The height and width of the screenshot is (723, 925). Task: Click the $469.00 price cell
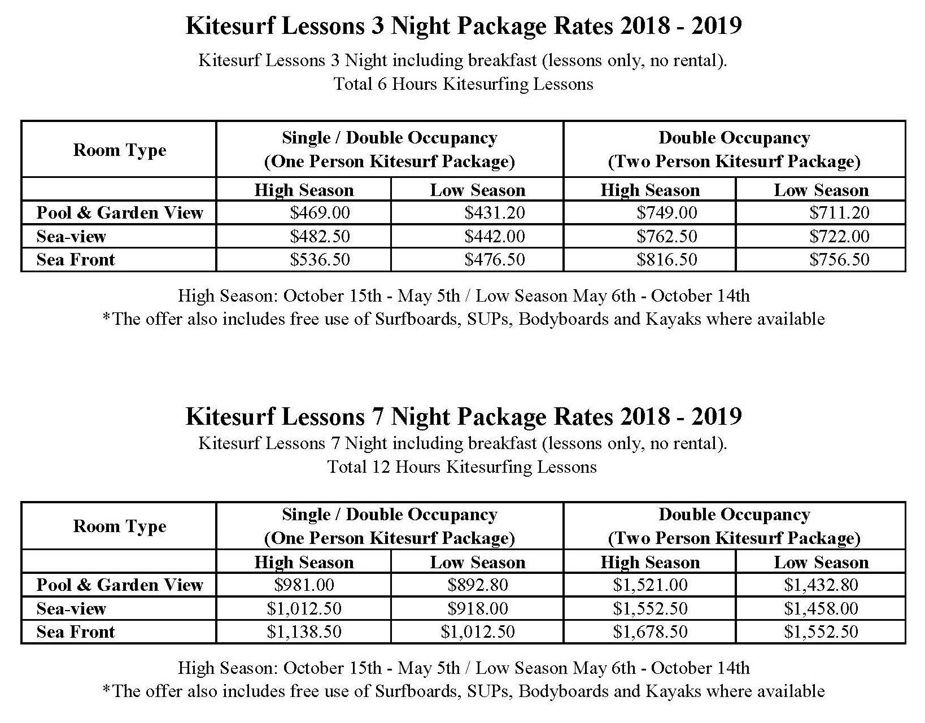320,212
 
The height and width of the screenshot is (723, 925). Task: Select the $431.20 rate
495,212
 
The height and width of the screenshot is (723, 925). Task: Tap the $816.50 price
667,259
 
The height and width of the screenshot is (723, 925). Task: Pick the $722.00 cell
839,236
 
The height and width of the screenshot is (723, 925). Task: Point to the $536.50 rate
320,259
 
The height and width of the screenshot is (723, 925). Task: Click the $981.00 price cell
304,585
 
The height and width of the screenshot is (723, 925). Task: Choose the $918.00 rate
478,608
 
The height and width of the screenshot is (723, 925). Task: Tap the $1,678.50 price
650,631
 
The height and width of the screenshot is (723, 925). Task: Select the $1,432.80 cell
821,585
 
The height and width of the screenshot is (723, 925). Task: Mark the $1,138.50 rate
304,631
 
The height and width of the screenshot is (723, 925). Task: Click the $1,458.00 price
821,608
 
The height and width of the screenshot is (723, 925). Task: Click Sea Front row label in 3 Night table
75,259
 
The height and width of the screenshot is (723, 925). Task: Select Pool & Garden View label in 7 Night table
120,585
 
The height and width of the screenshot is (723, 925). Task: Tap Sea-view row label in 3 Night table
71,236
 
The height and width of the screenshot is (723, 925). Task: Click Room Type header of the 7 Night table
120,526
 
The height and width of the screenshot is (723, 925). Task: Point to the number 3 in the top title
378,25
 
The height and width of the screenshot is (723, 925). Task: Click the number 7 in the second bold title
378,416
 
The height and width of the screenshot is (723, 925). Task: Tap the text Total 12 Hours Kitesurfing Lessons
462,467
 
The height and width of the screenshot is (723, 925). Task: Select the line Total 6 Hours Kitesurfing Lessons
463,84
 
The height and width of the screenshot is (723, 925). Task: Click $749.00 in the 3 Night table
667,212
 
